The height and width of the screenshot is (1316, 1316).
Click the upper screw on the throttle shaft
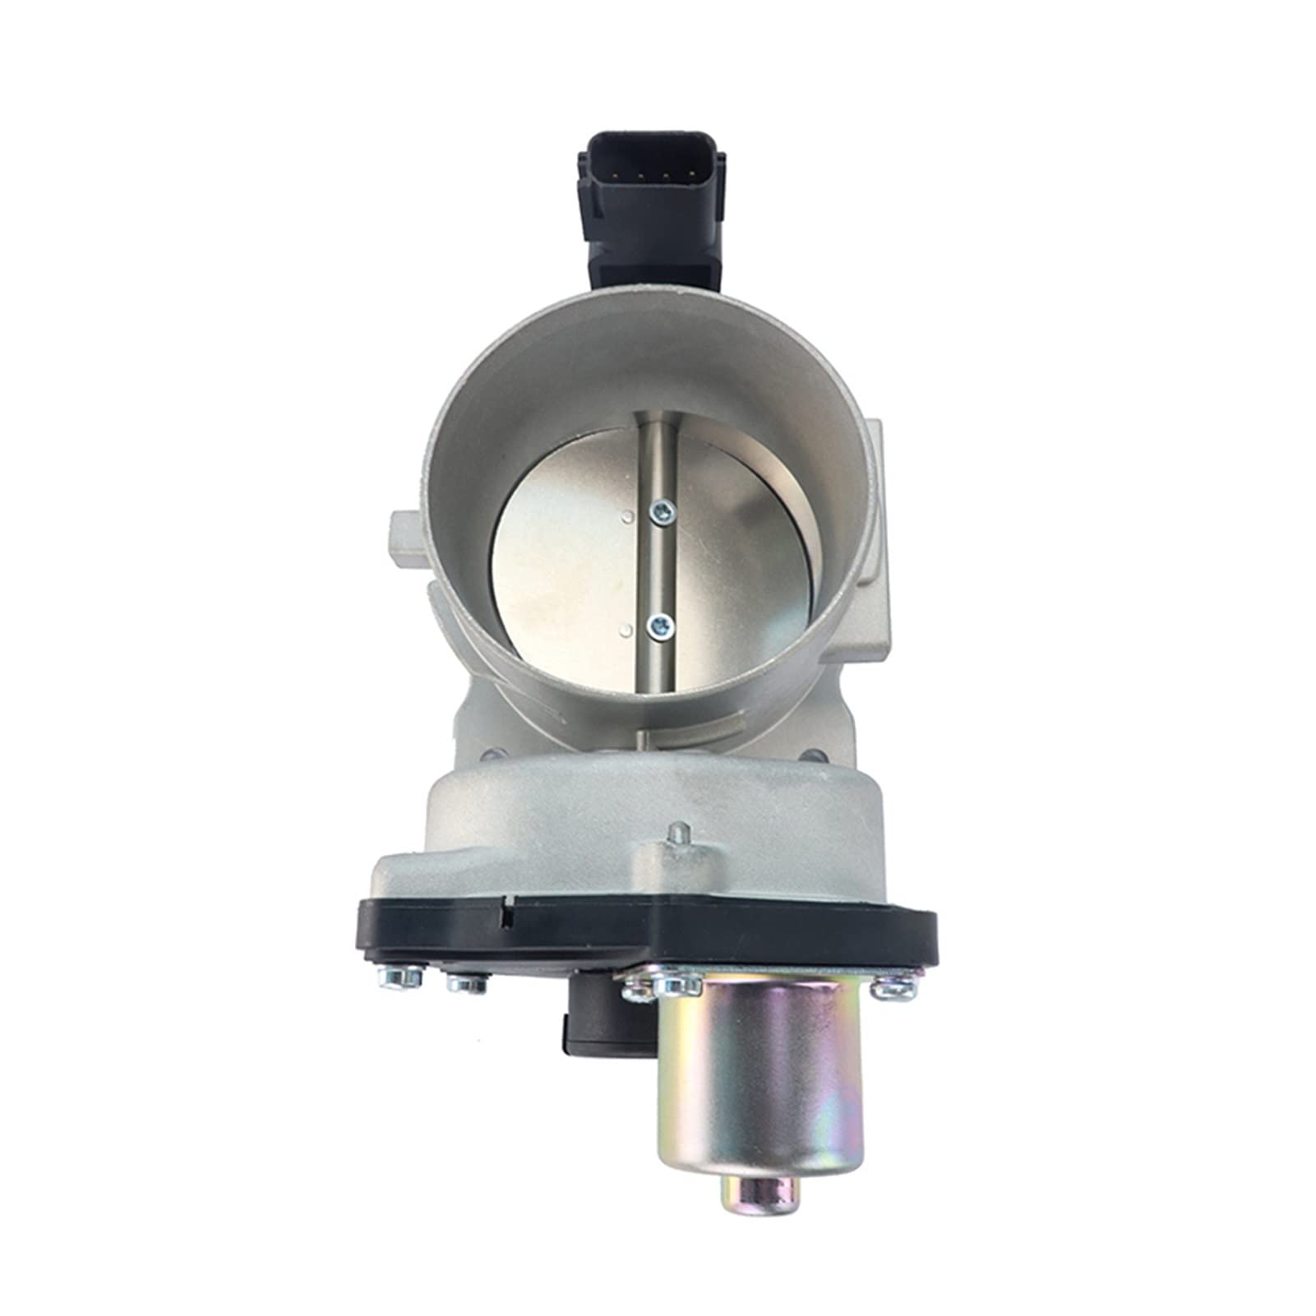pyautogui.click(x=660, y=514)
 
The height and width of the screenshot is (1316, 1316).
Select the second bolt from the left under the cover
pyautogui.click(x=466, y=984)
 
